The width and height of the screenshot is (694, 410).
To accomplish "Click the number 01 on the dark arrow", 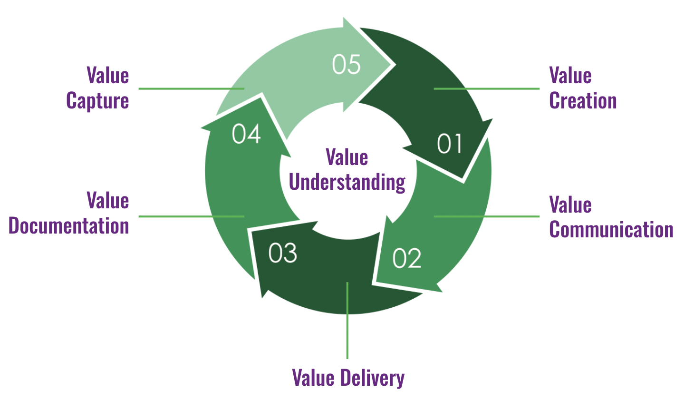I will tap(449, 144).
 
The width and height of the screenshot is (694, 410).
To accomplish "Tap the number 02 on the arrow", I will tap(407, 258).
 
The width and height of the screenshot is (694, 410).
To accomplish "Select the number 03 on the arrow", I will tap(282, 253).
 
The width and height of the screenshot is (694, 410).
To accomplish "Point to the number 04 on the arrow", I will tap(246, 134).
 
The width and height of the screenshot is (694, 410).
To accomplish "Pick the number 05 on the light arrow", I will tap(346, 64).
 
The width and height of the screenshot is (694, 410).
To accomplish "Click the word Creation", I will tap(583, 101).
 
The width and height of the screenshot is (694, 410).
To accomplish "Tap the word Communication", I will tap(611, 230).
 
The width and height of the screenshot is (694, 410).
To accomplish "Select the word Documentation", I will tap(69, 226).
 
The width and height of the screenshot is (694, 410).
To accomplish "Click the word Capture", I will tap(97, 101).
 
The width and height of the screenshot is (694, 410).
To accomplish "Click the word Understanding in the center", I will tap(347, 182).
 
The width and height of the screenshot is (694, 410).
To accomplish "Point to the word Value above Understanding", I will tap(347, 157).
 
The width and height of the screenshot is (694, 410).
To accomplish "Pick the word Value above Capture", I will tap(108, 76).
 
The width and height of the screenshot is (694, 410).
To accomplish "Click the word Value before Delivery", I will tap(313, 378).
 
